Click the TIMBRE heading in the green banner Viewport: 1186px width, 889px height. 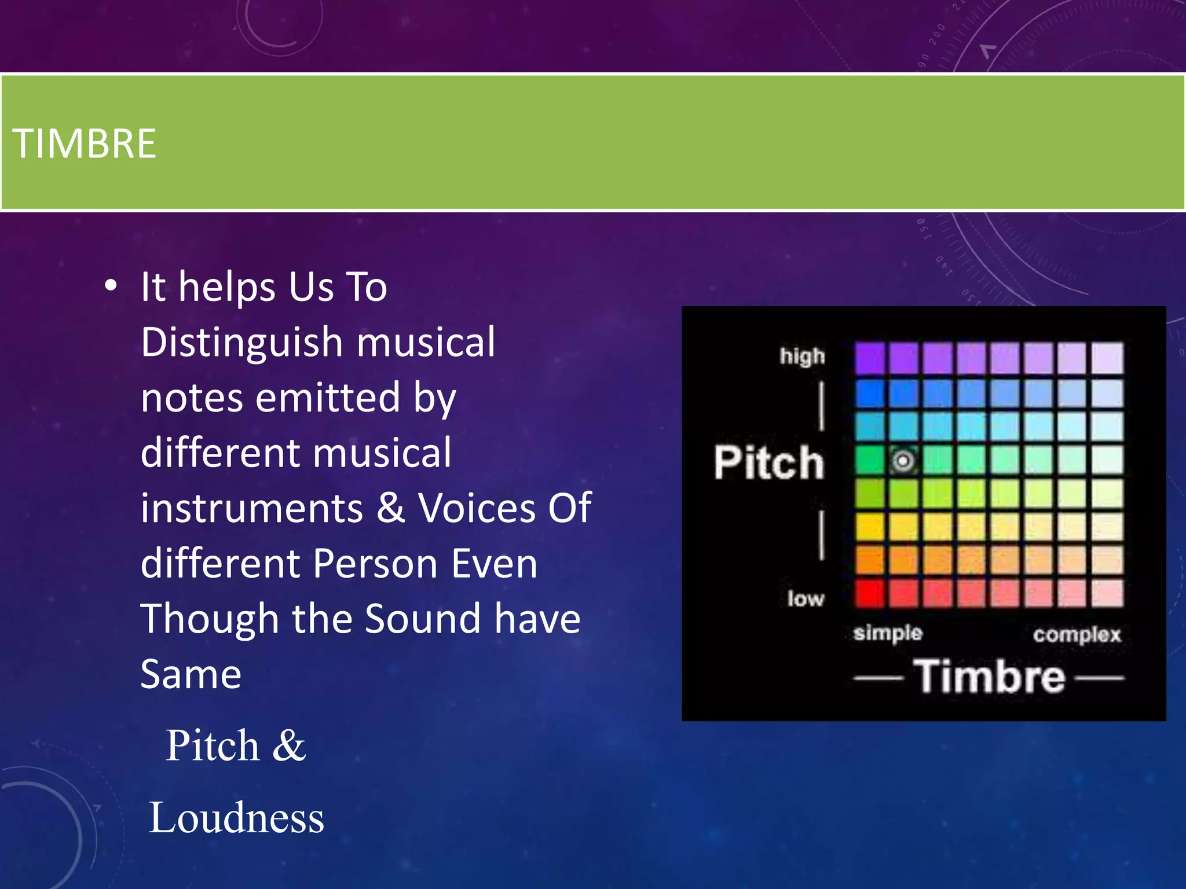coord(85,144)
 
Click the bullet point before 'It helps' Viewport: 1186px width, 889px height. coord(111,286)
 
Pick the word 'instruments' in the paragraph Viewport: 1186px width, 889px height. coord(252,508)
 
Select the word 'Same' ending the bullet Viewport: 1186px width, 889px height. coord(191,674)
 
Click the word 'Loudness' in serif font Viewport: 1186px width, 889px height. coord(236,818)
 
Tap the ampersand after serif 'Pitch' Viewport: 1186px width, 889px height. coord(288,745)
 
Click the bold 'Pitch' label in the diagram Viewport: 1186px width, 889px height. coord(768,462)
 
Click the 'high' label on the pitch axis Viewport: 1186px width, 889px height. coord(802,357)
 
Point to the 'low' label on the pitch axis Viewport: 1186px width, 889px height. coord(806,598)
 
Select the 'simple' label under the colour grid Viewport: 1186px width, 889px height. coord(888,633)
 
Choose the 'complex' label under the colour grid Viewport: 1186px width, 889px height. coord(1077,635)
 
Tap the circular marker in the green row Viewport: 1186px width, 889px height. coord(903,461)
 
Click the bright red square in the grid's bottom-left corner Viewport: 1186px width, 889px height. coord(869,593)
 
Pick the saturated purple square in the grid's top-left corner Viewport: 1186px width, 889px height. coord(869,358)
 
